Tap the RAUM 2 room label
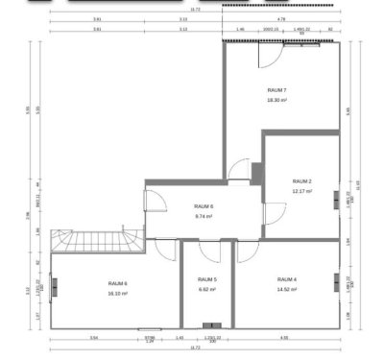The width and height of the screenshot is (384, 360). pos(302,180)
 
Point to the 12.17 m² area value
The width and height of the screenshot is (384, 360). pos(302,190)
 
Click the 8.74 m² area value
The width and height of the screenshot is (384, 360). pos(204,216)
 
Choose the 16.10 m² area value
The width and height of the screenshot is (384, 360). pos(117,293)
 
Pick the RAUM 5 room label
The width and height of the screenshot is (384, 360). pos(208,279)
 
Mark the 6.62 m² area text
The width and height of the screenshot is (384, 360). pos(208,289)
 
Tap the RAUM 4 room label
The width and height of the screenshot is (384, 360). pos(287,279)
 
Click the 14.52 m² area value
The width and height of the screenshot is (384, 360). pos(287,289)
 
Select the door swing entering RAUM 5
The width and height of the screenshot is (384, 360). pos(192,252)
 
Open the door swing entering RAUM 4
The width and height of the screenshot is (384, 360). pos(246,252)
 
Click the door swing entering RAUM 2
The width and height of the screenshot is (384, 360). pos(273,216)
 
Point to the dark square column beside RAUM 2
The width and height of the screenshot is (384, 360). pos(256,172)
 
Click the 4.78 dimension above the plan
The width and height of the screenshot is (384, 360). pos(280,18)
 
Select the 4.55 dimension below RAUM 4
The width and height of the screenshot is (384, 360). pos(285,337)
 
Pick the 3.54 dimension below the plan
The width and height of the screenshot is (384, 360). pos(93,337)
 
